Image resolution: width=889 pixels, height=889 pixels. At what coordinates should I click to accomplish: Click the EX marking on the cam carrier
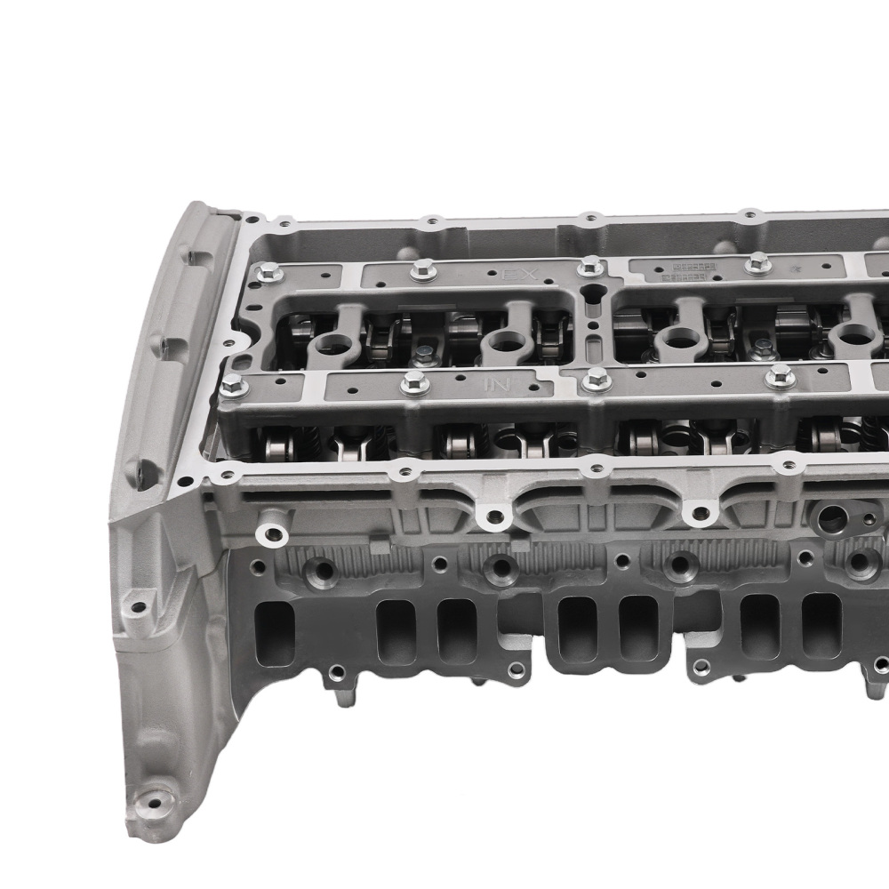click(519, 275)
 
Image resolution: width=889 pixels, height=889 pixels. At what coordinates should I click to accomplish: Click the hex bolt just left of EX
click(423, 268)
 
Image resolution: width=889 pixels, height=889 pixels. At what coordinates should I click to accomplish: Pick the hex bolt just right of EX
click(590, 266)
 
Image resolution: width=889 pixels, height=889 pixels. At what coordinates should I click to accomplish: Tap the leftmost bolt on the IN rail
click(232, 386)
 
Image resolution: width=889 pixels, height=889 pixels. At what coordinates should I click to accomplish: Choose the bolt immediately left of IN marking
click(414, 382)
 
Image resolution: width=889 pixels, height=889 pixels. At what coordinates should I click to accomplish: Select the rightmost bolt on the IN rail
click(780, 377)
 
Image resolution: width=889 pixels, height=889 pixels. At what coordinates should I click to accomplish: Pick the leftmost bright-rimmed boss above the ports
click(273, 534)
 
